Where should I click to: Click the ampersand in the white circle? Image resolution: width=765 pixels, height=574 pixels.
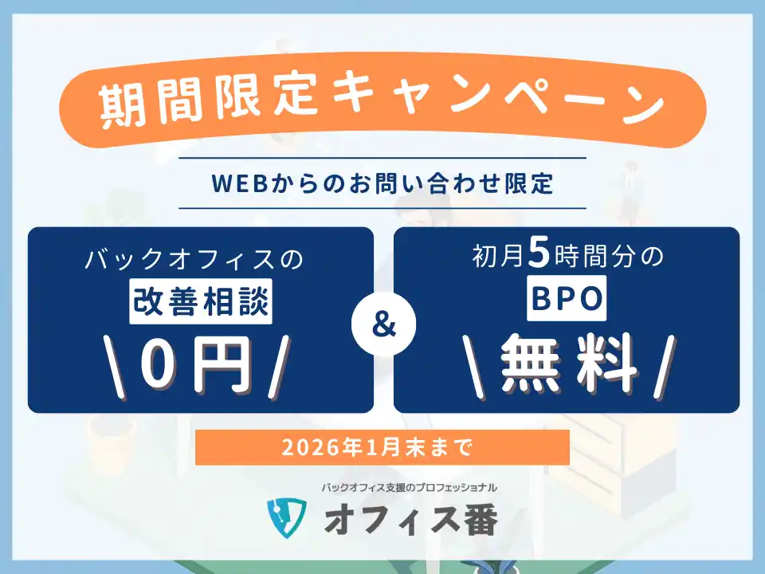pos(383,327)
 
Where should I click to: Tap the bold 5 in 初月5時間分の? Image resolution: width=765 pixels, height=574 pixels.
pos(539,257)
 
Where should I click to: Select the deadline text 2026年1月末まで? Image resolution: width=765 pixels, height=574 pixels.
pos(382,447)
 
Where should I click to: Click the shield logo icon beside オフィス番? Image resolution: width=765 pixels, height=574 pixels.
pos(286,519)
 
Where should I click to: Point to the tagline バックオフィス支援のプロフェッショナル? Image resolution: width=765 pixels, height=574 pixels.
pos(410,486)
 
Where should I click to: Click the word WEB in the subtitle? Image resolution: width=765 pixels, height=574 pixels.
pos(237,183)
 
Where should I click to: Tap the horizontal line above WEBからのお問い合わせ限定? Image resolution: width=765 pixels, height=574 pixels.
pos(382,158)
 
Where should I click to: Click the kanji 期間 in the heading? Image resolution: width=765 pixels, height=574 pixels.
pos(145,107)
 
